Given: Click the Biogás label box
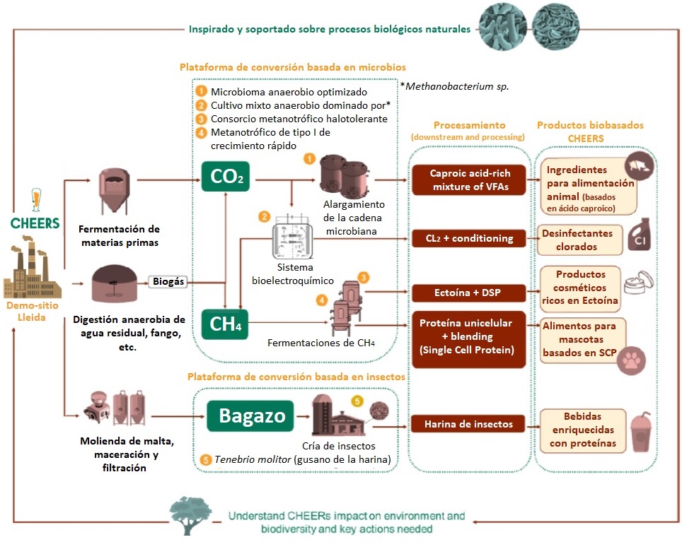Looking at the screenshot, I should pyautogui.click(x=168, y=281).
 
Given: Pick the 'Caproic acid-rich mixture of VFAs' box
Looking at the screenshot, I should pyautogui.click(x=470, y=179).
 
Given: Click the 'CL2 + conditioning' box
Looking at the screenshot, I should pyautogui.click(x=470, y=238).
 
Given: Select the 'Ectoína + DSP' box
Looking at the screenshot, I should pyautogui.click(x=470, y=291).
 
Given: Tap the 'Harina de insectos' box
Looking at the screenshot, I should pyautogui.click(x=470, y=424).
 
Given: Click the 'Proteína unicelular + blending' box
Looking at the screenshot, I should pyautogui.click(x=470, y=338).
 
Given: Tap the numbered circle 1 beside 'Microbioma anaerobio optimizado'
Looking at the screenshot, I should pyautogui.click(x=202, y=92).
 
